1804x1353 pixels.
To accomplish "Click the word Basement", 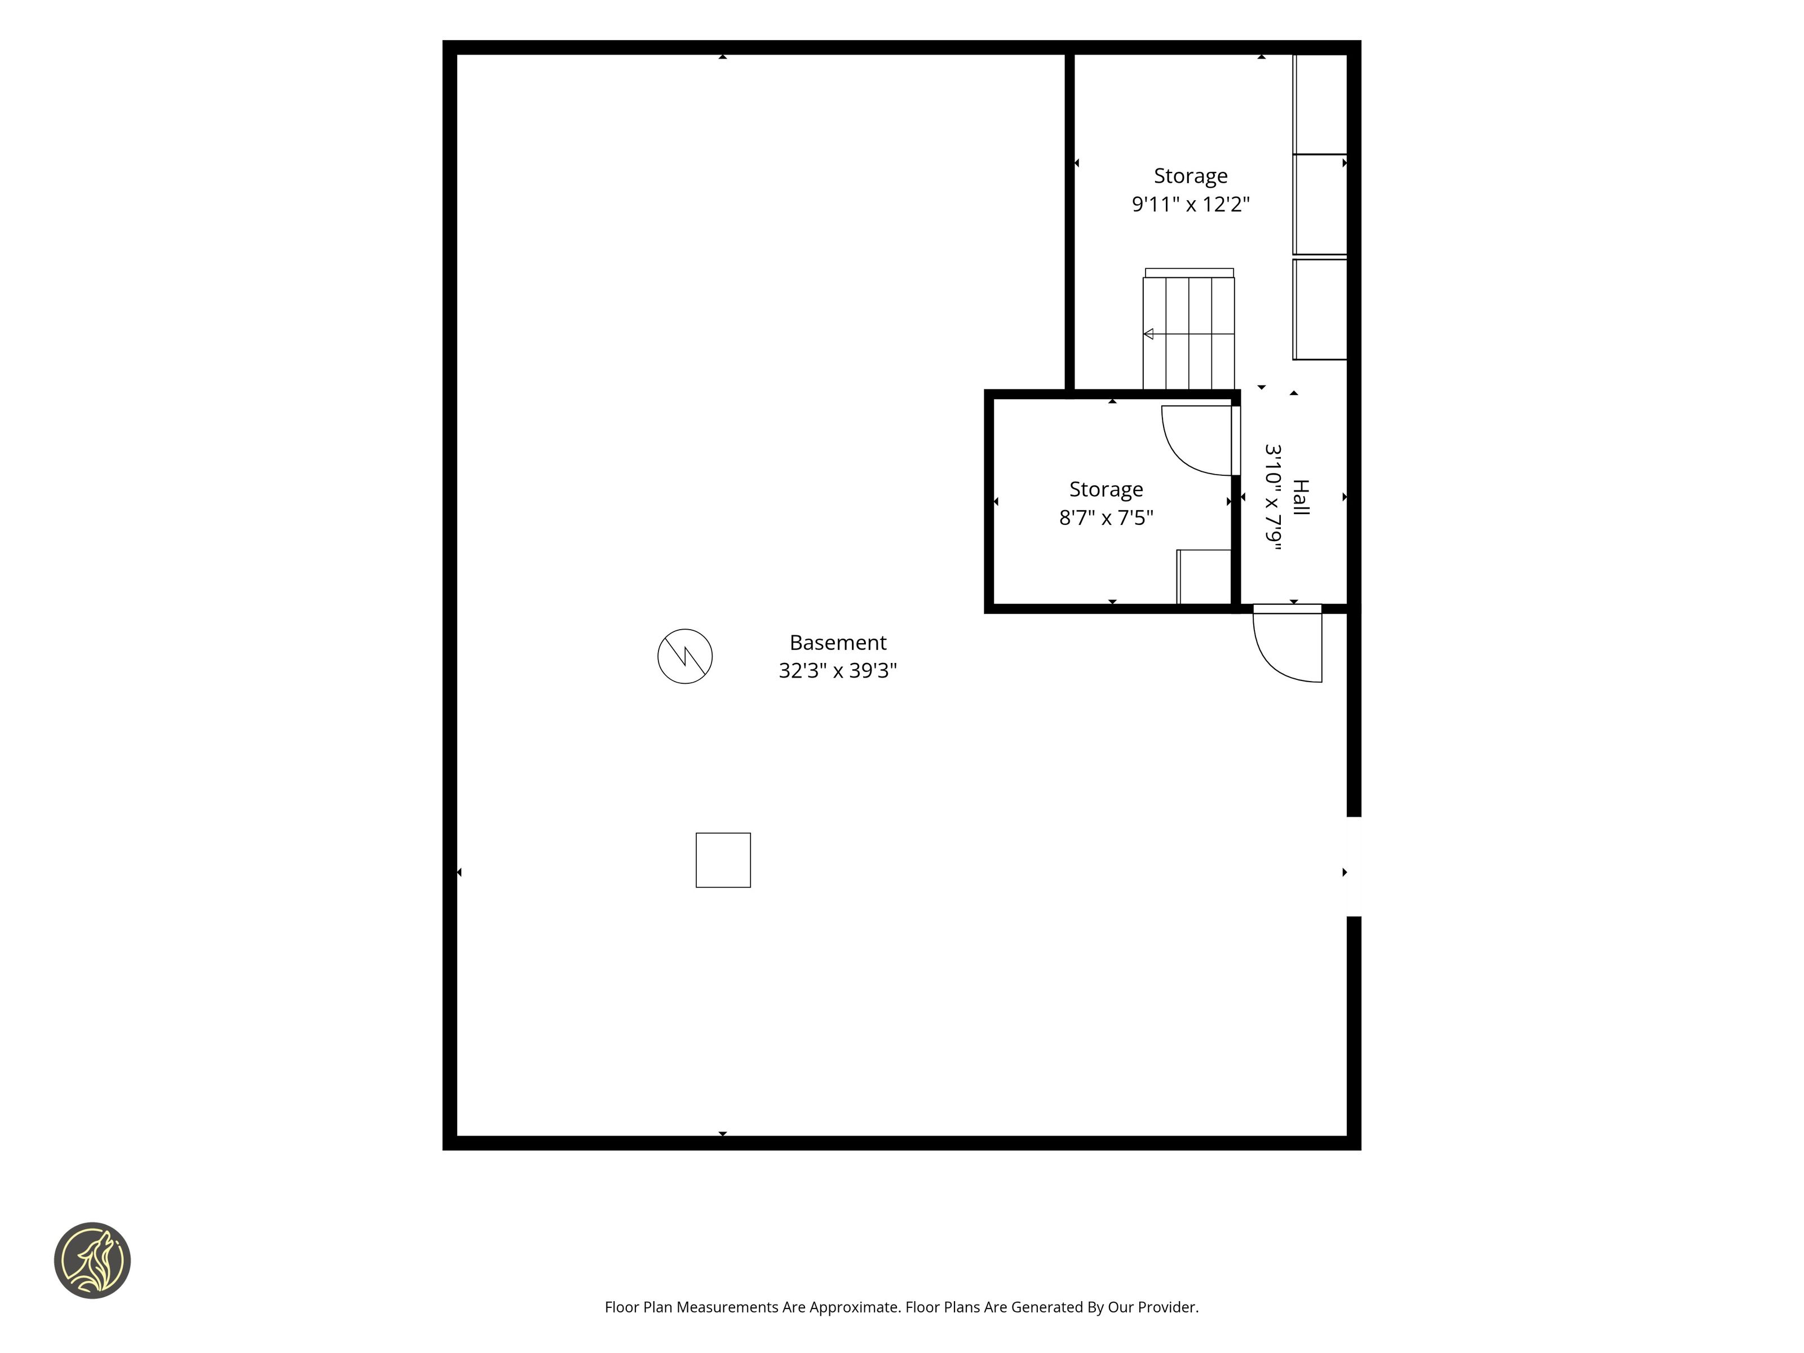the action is coord(838,643).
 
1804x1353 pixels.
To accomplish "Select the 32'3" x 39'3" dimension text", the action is coord(838,670).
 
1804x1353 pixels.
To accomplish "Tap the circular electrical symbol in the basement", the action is coord(685,656).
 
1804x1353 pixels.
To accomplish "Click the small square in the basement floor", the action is coord(723,860).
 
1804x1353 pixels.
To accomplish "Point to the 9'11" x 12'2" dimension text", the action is coord(1191,204).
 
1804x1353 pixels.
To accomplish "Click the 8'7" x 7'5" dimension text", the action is coord(1106,517).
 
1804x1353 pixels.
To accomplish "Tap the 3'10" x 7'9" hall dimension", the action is coord(1273,497).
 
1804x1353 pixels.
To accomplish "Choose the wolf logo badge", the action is coord(92,1260).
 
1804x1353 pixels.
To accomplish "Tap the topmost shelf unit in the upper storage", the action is coord(1320,104).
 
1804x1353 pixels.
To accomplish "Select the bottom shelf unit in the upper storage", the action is coord(1320,309).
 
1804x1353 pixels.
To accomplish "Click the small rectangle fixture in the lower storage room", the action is coord(1204,577).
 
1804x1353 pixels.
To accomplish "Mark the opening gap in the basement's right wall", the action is coord(1354,866).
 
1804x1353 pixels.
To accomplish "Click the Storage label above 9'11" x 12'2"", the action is coord(1191,176).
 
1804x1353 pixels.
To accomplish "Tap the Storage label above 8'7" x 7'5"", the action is coord(1106,489).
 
